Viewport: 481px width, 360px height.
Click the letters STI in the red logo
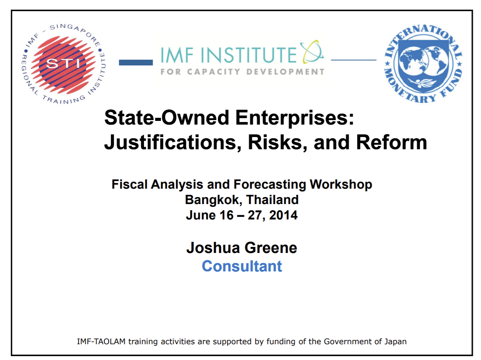[x=63, y=64]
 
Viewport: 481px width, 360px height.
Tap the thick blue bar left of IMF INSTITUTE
[x=136, y=62]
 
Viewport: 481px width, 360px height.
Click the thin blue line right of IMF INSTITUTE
[x=354, y=60]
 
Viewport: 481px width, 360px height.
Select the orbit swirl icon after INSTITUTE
[x=311, y=52]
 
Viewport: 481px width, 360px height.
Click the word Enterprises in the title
[x=294, y=118]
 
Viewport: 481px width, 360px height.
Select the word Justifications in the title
[x=173, y=142]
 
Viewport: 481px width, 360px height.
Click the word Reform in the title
[x=391, y=142]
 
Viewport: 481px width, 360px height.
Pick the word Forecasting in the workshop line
[x=269, y=184]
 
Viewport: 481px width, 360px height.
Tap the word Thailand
[x=272, y=199]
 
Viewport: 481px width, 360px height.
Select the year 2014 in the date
[x=283, y=215]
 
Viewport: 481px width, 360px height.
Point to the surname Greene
[x=271, y=248]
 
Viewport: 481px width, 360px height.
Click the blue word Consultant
[x=242, y=266]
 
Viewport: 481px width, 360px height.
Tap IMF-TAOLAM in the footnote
[x=101, y=342]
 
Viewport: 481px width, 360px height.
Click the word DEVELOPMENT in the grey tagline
[x=285, y=72]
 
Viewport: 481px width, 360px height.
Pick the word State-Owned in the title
[x=167, y=118]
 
